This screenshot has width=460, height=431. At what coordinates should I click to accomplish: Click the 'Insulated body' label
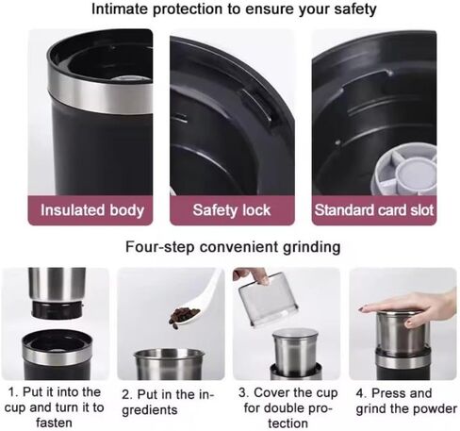[x=92, y=210]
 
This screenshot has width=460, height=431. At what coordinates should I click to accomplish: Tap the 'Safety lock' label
[x=232, y=210]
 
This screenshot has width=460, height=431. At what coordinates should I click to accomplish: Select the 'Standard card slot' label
[x=374, y=210]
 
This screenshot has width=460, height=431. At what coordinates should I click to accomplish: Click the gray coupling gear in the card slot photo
[x=406, y=170]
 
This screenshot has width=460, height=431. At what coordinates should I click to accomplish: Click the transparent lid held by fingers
[x=268, y=299]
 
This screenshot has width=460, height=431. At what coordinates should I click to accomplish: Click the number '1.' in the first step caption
[x=13, y=392]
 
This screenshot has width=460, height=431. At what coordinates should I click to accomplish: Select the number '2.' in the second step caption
[x=127, y=394]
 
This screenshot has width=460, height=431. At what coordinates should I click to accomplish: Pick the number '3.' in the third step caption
[x=244, y=392]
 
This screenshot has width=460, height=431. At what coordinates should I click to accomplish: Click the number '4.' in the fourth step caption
[x=361, y=393]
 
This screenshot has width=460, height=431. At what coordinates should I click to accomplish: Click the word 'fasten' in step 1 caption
[x=54, y=423]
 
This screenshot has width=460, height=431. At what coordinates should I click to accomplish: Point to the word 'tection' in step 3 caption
[x=287, y=423]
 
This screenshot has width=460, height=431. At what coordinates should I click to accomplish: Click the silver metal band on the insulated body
[x=101, y=94]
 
